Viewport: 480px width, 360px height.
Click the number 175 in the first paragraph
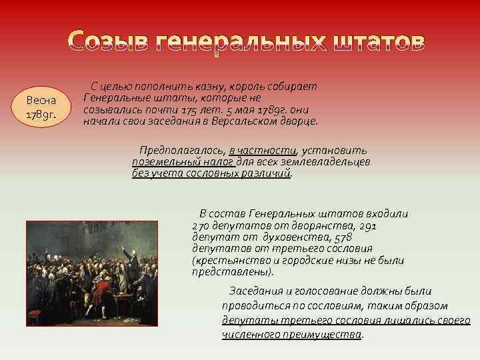coord(193,110)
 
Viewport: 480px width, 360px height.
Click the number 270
coord(202,225)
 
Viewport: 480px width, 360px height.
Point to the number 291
coord(368,225)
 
